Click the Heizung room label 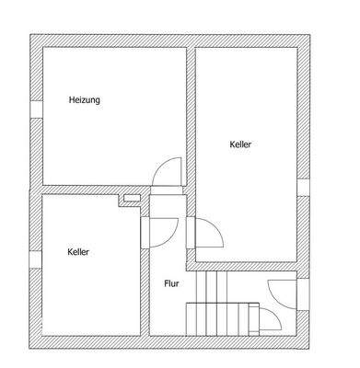[x=84, y=99]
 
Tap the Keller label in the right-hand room [x=240, y=144]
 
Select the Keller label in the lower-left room [x=79, y=250]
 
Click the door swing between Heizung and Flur [x=168, y=171]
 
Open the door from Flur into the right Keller [x=207, y=234]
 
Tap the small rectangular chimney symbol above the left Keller [x=133, y=197]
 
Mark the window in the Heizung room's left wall [x=34, y=107]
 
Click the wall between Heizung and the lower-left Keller [x=92, y=189]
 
